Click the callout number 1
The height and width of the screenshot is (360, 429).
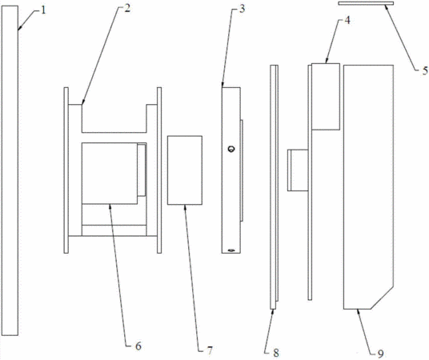(x=43, y=10)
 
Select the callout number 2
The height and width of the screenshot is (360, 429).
(x=127, y=9)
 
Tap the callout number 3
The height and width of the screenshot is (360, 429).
(x=242, y=9)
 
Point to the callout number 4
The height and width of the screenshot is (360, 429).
(x=347, y=20)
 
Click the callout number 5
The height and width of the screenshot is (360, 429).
(x=425, y=71)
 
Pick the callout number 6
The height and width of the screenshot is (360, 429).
(x=138, y=346)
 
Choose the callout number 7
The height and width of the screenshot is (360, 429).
(x=210, y=350)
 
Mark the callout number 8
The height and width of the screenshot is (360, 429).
(x=276, y=353)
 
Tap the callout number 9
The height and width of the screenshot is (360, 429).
(x=380, y=354)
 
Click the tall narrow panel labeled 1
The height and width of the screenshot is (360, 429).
(x=10, y=170)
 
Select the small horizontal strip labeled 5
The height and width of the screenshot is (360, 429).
(x=366, y=3)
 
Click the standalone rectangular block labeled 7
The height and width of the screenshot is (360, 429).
(x=185, y=170)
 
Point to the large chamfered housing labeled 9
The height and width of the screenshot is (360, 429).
(x=368, y=187)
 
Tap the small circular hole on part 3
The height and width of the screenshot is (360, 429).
(x=231, y=149)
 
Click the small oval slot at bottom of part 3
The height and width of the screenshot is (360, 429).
(x=231, y=250)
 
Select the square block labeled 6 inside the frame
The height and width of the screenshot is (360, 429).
(x=110, y=173)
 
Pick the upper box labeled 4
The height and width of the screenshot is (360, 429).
(x=326, y=97)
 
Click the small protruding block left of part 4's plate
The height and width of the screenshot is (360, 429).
(x=298, y=170)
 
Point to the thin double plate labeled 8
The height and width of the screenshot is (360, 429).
(x=275, y=187)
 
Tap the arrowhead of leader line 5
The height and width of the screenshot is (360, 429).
(x=386, y=7)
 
